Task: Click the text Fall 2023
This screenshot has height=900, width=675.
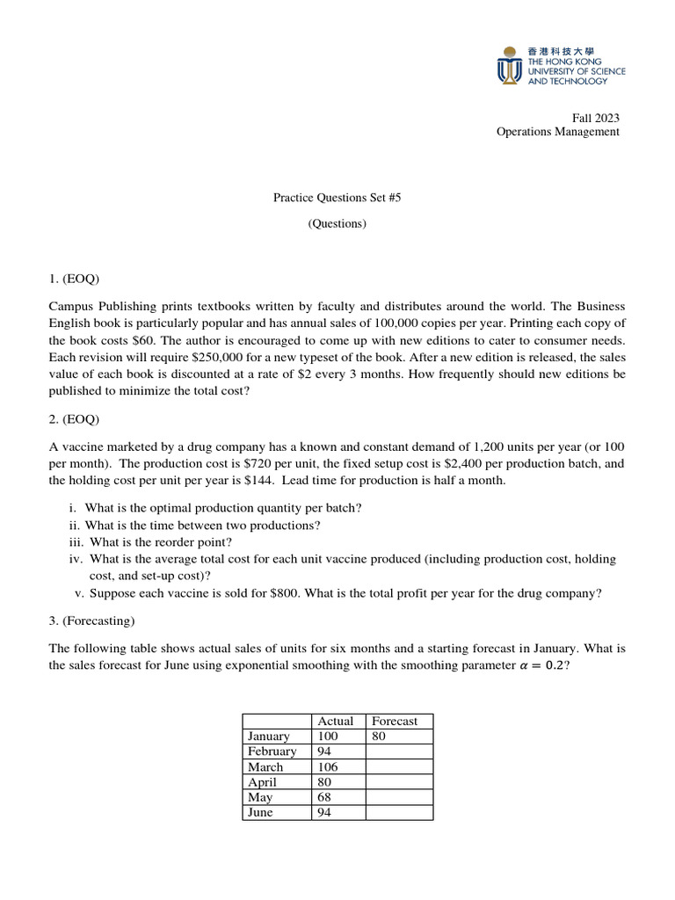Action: (596, 118)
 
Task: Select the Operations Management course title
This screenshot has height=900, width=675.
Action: (557, 132)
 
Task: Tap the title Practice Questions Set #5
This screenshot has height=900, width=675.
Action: (337, 199)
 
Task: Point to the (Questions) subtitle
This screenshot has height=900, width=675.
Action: (337, 223)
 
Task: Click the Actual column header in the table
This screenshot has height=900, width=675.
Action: (335, 721)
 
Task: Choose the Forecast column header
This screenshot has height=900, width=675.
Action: (395, 721)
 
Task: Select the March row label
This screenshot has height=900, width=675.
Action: (265, 766)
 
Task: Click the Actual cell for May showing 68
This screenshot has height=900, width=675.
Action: (325, 797)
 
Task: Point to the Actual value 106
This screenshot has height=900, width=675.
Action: (328, 766)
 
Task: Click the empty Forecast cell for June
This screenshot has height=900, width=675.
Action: (399, 812)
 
